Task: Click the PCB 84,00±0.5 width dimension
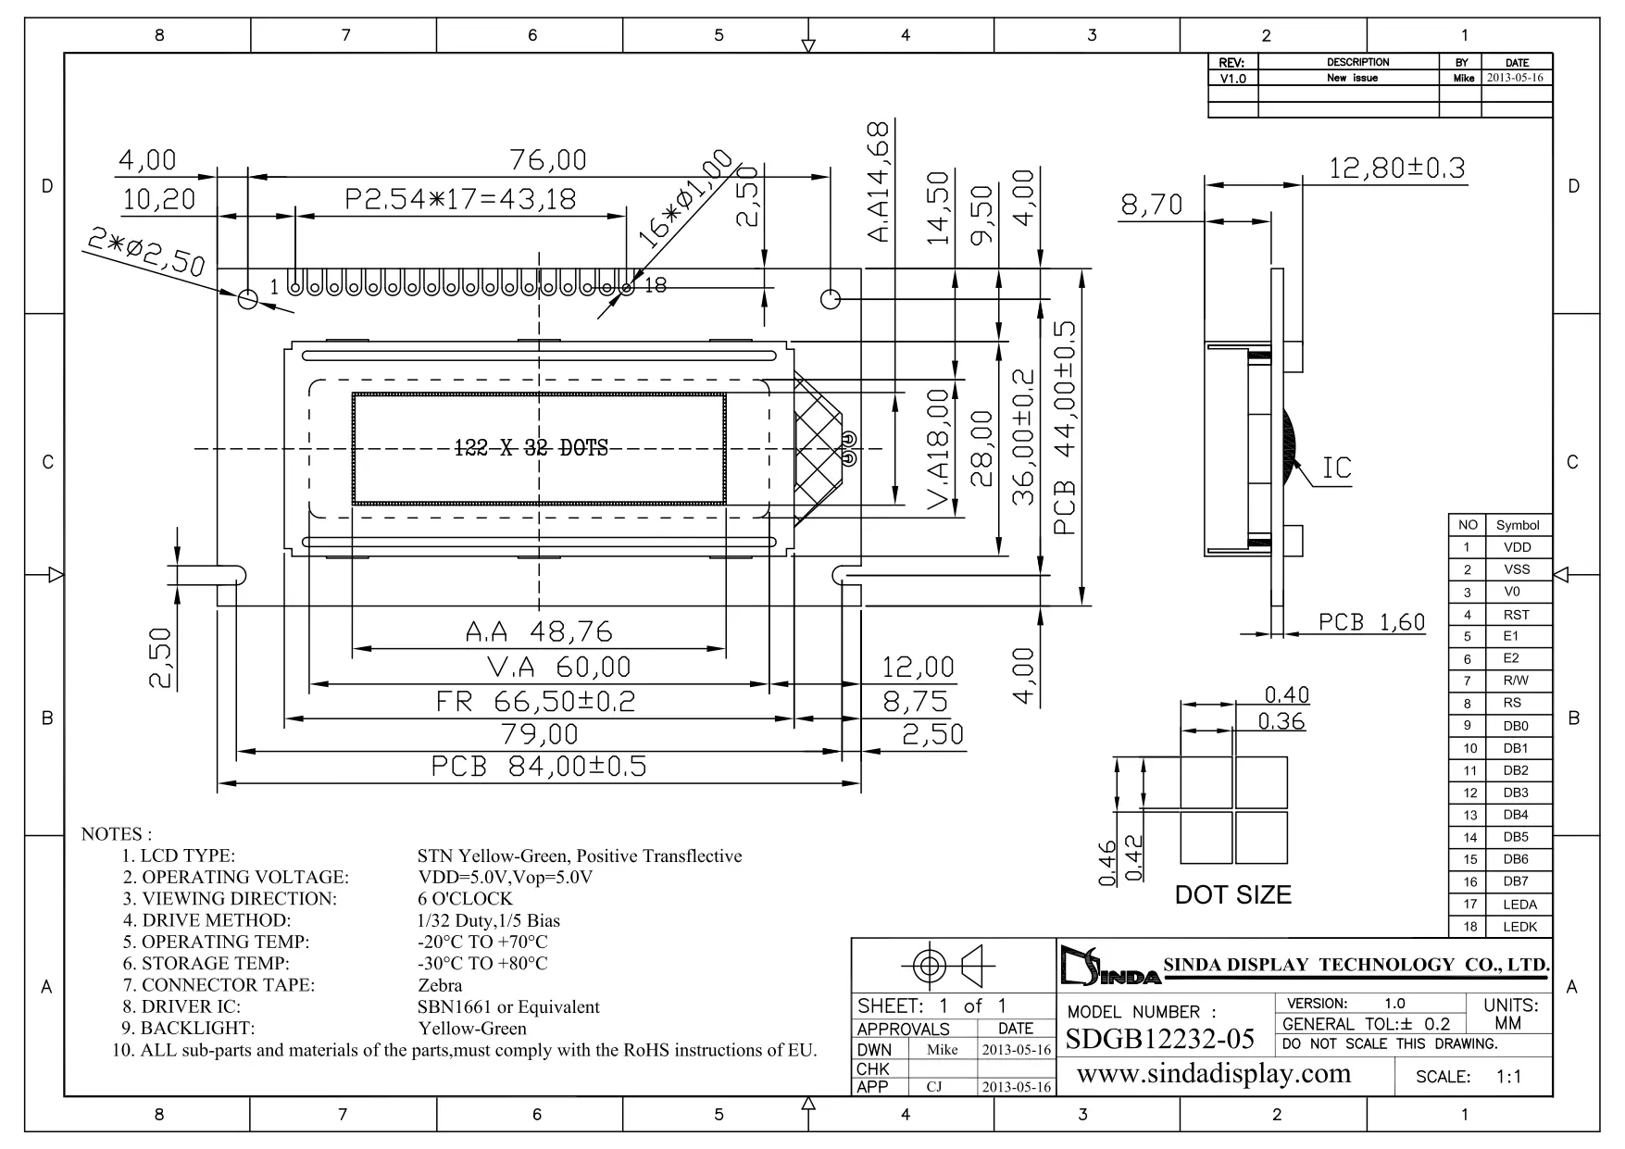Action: (x=538, y=767)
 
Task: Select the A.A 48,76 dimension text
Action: (x=538, y=631)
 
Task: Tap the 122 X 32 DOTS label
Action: (x=531, y=449)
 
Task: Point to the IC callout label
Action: (x=1336, y=468)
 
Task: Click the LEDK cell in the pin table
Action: (x=1519, y=927)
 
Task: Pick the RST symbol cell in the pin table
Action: (x=1517, y=615)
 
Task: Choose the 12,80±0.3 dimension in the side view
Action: (x=1397, y=169)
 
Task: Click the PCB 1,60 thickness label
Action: (x=1371, y=622)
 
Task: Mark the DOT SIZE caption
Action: (x=1232, y=895)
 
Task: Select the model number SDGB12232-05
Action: (x=1160, y=1040)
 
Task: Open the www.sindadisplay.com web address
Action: (x=1215, y=1074)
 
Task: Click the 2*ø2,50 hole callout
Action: (x=145, y=252)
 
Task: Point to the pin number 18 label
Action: (x=655, y=286)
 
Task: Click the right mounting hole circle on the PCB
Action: (x=831, y=298)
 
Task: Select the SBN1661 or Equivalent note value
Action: (x=508, y=1006)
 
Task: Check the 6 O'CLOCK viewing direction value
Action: (x=465, y=898)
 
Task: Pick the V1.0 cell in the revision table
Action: (x=1232, y=79)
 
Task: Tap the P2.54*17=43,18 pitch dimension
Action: (x=460, y=199)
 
